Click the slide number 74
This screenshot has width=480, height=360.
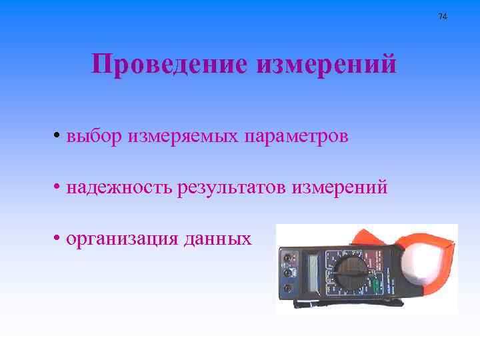pyautogui.click(x=443, y=15)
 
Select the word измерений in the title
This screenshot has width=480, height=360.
pyautogui.click(x=326, y=65)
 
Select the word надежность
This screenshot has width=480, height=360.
pyautogui.click(x=120, y=188)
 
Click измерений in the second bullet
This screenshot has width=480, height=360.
pyautogui.click(x=339, y=188)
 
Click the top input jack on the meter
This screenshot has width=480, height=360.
pyautogui.click(x=287, y=257)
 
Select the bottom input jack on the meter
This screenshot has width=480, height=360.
pyautogui.click(x=287, y=288)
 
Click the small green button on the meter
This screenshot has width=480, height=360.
pyautogui.click(x=375, y=285)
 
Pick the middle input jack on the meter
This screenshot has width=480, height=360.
pyautogui.click(x=287, y=273)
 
